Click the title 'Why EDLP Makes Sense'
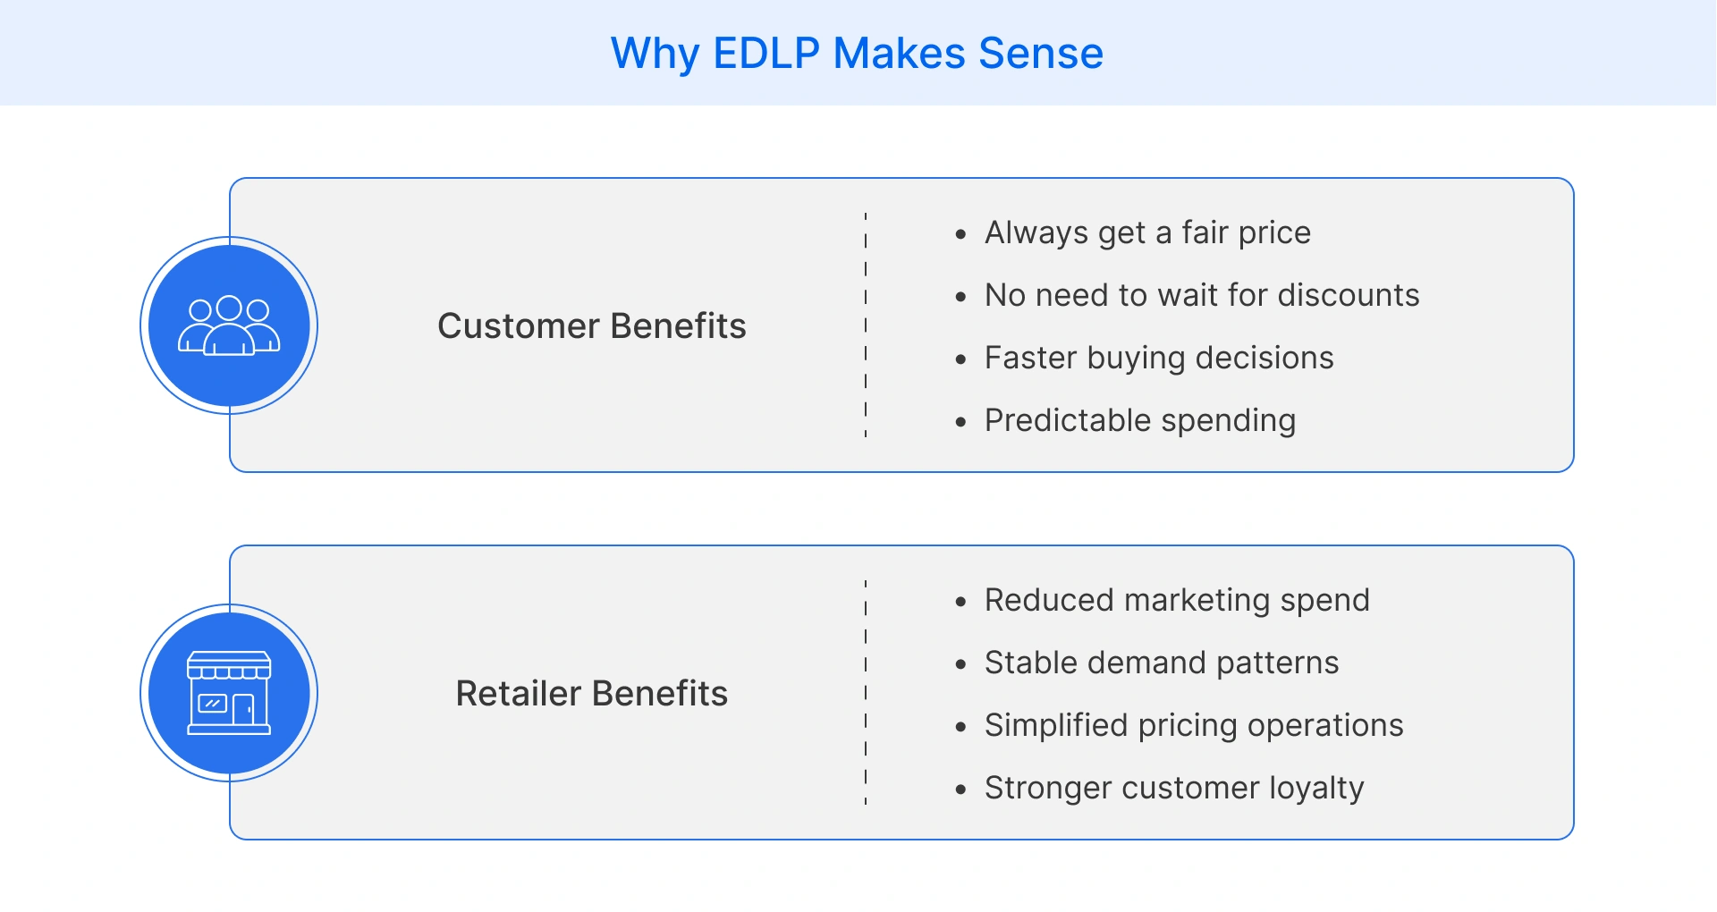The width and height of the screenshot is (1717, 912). point(857,53)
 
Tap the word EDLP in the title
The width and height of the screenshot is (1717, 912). point(766,53)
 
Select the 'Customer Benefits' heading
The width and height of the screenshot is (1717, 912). point(591,326)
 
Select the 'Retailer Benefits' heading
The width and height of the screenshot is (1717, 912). point(591,694)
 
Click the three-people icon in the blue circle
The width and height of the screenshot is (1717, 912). point(229,325)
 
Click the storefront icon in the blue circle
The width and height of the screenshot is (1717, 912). point(229,693)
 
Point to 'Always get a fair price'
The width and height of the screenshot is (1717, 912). point(1147,232)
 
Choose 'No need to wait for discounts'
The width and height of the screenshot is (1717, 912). point(1202,295)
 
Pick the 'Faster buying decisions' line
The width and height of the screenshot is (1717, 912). point(1159,358)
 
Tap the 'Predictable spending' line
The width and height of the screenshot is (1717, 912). point(1140,420)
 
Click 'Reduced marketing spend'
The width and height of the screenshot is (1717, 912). point(1177,600)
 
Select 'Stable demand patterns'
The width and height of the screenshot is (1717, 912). point(1162,663)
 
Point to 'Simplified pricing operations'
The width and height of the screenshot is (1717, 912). point(1194,725)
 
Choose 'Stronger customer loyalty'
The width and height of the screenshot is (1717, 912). point(1174,788)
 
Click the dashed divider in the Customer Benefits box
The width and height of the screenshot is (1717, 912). point(866,325)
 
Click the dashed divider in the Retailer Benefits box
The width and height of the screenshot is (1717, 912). point(866,693)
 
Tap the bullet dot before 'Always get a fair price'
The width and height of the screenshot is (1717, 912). point(960,235)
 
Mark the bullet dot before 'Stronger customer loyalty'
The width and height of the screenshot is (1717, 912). point(960,790)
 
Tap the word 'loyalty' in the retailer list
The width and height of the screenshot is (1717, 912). point(1316,788)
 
